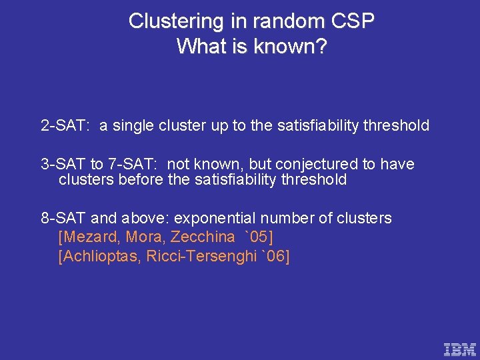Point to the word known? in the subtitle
(x=290, y=47)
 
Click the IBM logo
(x=460, y=349)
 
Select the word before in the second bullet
(x=137, y=179)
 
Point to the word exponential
(x=219, y=218)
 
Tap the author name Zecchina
(x=203, y=237)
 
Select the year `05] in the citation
(x=259, y=237)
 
